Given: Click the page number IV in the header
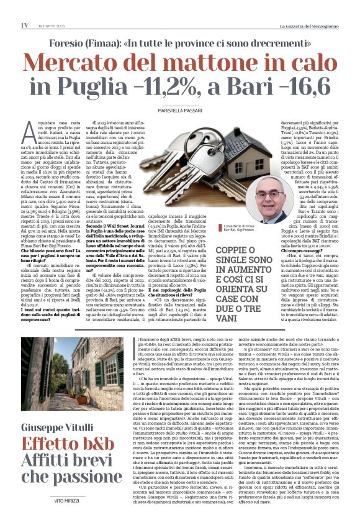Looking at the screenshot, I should pos(24,25).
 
